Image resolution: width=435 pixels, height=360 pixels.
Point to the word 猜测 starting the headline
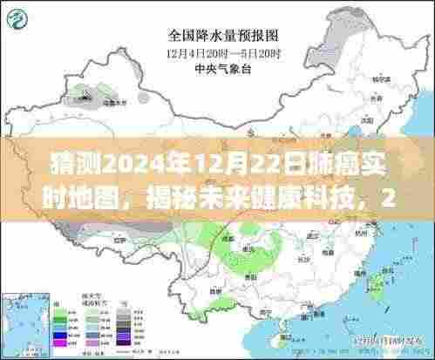(51, 163)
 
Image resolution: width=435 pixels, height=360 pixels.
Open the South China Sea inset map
(384, 323)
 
